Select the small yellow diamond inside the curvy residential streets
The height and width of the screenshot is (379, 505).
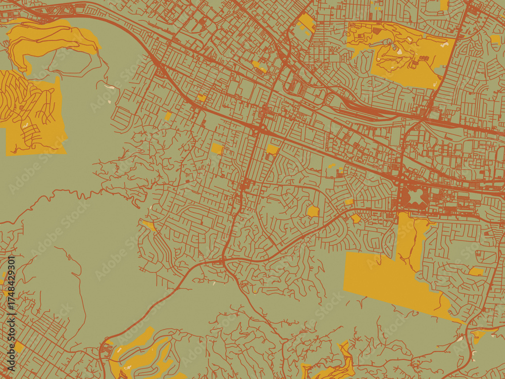pos(313,211)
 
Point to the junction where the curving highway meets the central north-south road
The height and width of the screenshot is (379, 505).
pos(223,261)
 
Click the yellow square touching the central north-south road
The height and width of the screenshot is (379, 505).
pos(272,149)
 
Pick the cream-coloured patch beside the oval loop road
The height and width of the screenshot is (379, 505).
pos(109,87)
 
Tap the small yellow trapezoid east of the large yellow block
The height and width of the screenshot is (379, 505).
pos(476,272)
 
